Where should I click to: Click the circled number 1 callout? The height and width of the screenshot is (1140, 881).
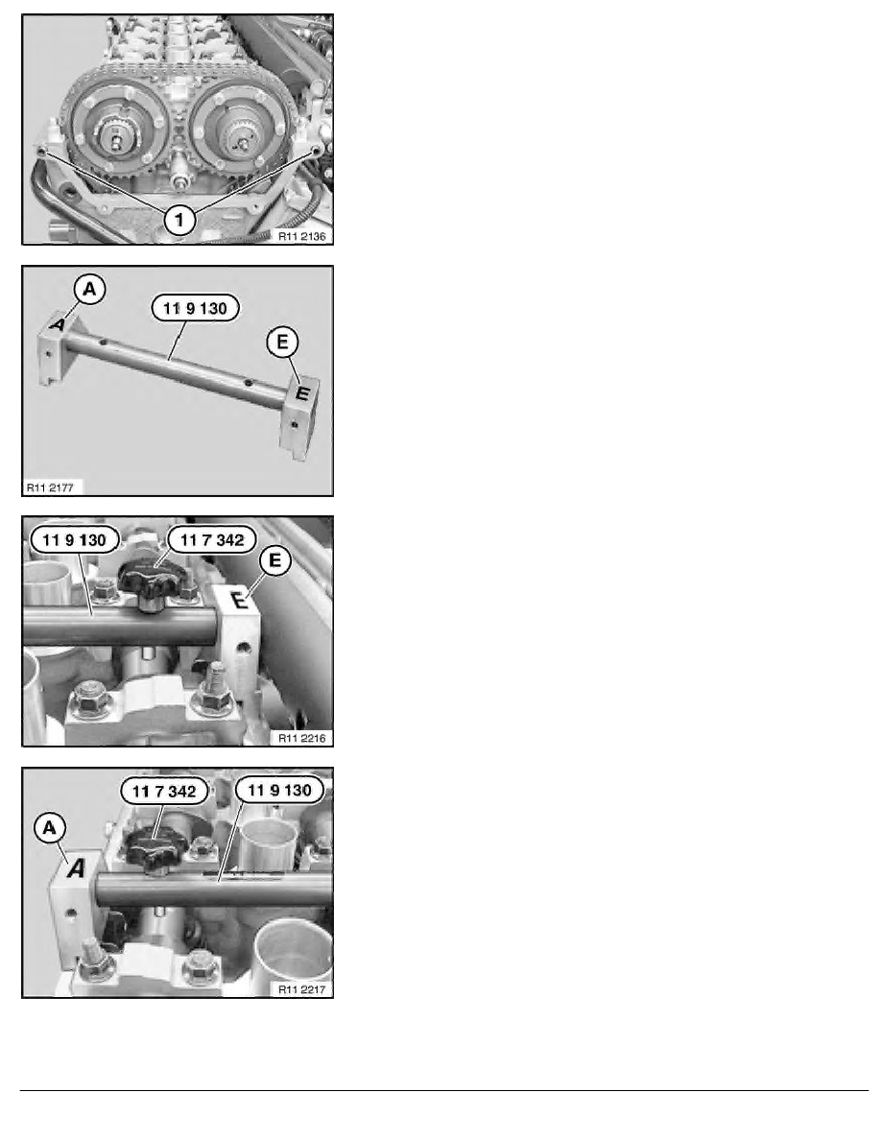[179, 218]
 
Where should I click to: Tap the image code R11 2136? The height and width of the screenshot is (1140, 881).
[301, 236]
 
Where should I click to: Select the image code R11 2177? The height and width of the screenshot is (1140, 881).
[50, 487]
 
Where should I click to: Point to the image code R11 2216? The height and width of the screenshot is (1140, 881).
[301, 738]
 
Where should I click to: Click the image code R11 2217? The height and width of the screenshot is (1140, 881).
[301, 988]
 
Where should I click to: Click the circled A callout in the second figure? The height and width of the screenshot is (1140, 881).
[89, 290]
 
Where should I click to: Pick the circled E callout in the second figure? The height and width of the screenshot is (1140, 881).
[282, 341]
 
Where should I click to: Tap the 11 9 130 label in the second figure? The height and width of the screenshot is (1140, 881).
[195, 308]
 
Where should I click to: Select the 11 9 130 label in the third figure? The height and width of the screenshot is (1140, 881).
[74, 540]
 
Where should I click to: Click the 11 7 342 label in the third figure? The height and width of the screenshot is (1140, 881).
[211, 540]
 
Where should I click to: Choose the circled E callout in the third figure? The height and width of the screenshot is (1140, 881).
[274, 560]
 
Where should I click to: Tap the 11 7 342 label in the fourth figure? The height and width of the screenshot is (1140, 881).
[163, 791]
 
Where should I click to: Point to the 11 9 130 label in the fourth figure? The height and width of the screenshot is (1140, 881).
[279, 791]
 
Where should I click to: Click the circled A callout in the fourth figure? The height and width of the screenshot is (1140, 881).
[50, 828]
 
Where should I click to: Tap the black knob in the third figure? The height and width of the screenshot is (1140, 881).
[155, 582]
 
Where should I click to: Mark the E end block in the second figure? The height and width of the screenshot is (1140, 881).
[298, 416]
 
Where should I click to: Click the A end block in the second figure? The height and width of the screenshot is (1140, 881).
[55, 347]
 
